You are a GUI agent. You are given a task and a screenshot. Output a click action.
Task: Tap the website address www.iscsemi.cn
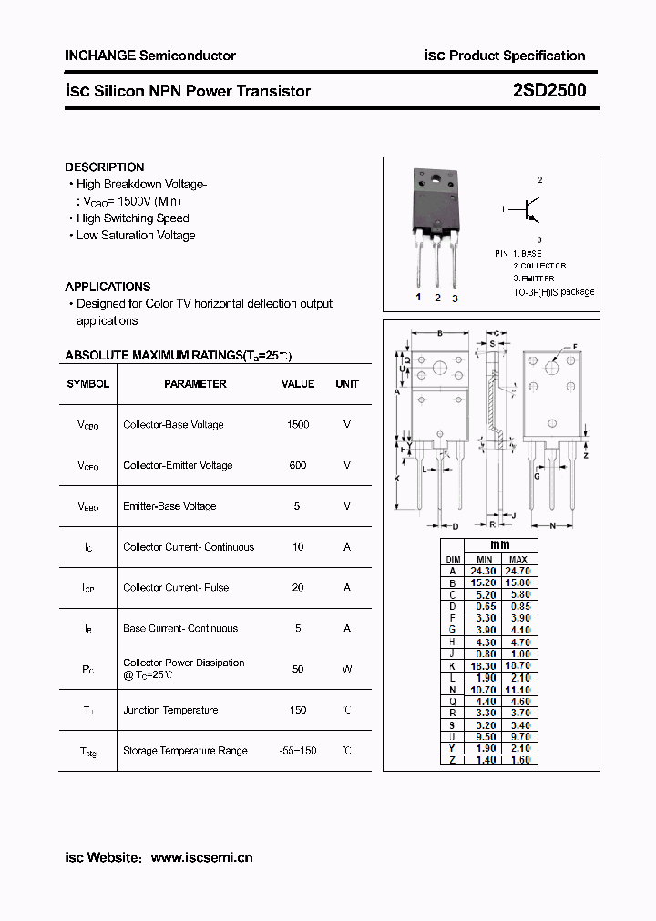(x=201, y=857)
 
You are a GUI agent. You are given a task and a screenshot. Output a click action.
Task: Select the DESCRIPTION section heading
(x=104, y=167)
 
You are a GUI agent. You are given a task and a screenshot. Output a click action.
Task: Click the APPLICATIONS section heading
(x=108, y=287)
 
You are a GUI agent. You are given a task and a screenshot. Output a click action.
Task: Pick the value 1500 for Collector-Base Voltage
(x=298, y=425)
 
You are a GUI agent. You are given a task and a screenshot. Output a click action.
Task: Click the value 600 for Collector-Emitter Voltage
(x=298, y=466)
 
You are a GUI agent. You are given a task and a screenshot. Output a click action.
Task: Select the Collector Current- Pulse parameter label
(x=176, y=588)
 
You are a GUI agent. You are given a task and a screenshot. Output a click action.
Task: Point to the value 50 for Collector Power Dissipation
(x=298, y=669)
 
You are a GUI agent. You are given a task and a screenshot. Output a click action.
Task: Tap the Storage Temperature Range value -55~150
(x=298, y=751)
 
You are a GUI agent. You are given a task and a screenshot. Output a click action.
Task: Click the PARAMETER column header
(x=195, y=384)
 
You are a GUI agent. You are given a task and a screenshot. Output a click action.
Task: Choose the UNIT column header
(x=347, y=384)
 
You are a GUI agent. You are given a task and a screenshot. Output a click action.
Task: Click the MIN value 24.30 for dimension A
(x=485, y=571)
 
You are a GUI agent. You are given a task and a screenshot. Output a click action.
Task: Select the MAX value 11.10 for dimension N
(x=519, y=690)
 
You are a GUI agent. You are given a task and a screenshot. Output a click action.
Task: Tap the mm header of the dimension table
(x=502, y=546)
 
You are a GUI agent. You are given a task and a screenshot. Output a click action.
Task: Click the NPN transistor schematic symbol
(x=529, y=210)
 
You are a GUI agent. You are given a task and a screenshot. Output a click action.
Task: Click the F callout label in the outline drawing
(x=575, y=347)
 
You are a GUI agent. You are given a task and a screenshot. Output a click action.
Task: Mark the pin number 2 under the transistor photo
(x=437, y=298)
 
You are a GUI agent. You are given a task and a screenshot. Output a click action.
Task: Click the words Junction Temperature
(x=170, y=710)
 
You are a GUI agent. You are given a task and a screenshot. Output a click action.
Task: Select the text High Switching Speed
(x=132, y=218)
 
